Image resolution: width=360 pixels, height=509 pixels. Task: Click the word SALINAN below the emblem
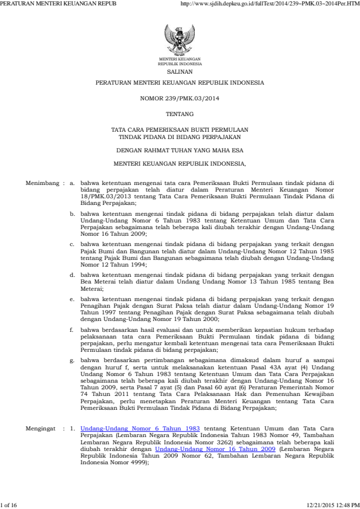(180, 71)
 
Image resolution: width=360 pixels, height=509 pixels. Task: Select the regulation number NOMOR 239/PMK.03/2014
(180, 97)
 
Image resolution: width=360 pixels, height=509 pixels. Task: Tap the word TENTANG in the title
(180, 114)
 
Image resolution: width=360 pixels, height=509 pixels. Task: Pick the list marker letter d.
(72, 274)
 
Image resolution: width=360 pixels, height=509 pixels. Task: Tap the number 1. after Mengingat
(73, 428)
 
